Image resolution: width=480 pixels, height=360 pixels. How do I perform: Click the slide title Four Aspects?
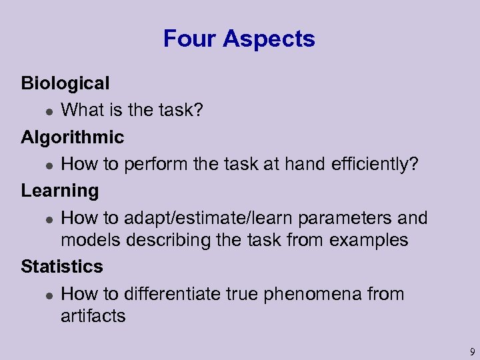pyautogui.click(x=239, y=39)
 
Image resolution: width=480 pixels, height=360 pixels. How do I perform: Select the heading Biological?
pyautogui.click(x=65, y=83)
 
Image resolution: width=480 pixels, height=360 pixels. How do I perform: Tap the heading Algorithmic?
pyautogui.click(x=72, y=137)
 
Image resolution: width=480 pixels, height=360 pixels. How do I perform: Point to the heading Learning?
pyautogui.click(x=60, y=191)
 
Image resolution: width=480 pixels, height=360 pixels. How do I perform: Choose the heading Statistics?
pyautogui.click(x=62, y=267)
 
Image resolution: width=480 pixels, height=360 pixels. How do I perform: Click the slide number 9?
pyautogui.click(x=471, y=351)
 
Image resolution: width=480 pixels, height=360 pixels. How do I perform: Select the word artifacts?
pyautogui.click(x=93, y=315)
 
